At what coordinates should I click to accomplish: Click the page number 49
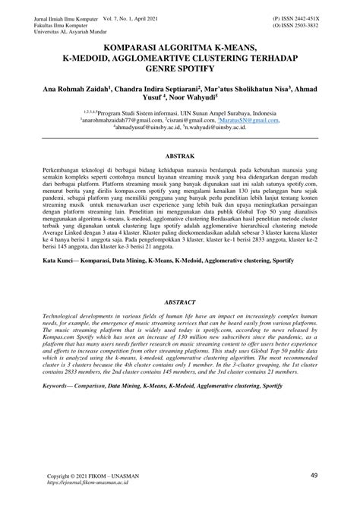pos(314,475)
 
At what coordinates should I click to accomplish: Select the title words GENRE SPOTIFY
pos(179,68)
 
